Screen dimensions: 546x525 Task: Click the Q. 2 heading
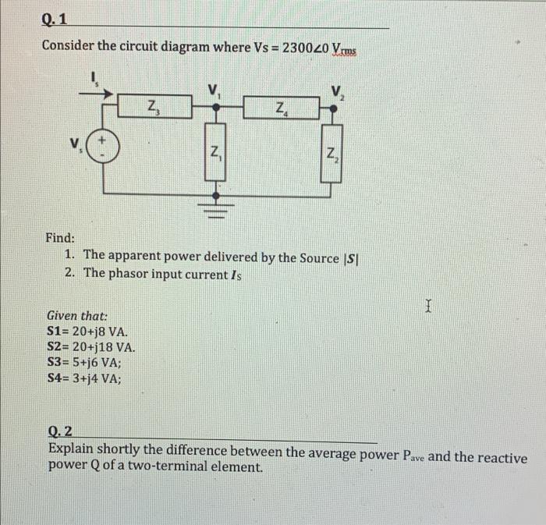tap(60, 431)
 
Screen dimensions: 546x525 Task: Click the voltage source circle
tap(105, 146)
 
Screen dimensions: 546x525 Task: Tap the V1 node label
tap(214, 89)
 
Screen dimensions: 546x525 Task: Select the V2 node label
tap(337, 91)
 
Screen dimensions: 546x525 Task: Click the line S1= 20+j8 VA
tap(88, 332)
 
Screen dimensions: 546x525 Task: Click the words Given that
tap(76, 316)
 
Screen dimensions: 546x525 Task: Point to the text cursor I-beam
tap(427, 308)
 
